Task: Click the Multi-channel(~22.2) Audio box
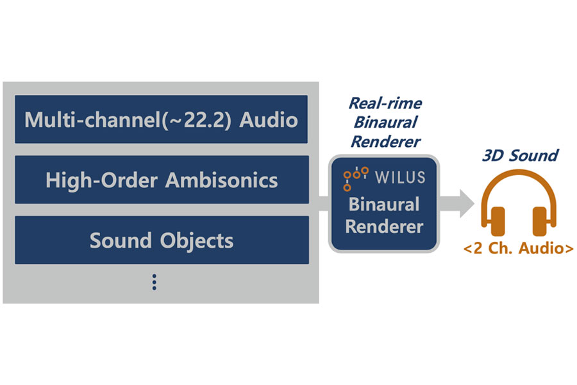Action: tap(161, 119)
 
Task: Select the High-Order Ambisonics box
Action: tap(161, 180)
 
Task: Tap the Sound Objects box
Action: tap(161, 240)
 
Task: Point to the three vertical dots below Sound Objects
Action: tap(155, 282)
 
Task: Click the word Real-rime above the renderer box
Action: tap(385, 103)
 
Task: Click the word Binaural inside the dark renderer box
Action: tap(384, 205)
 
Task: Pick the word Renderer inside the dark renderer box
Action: tap(384, 227)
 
